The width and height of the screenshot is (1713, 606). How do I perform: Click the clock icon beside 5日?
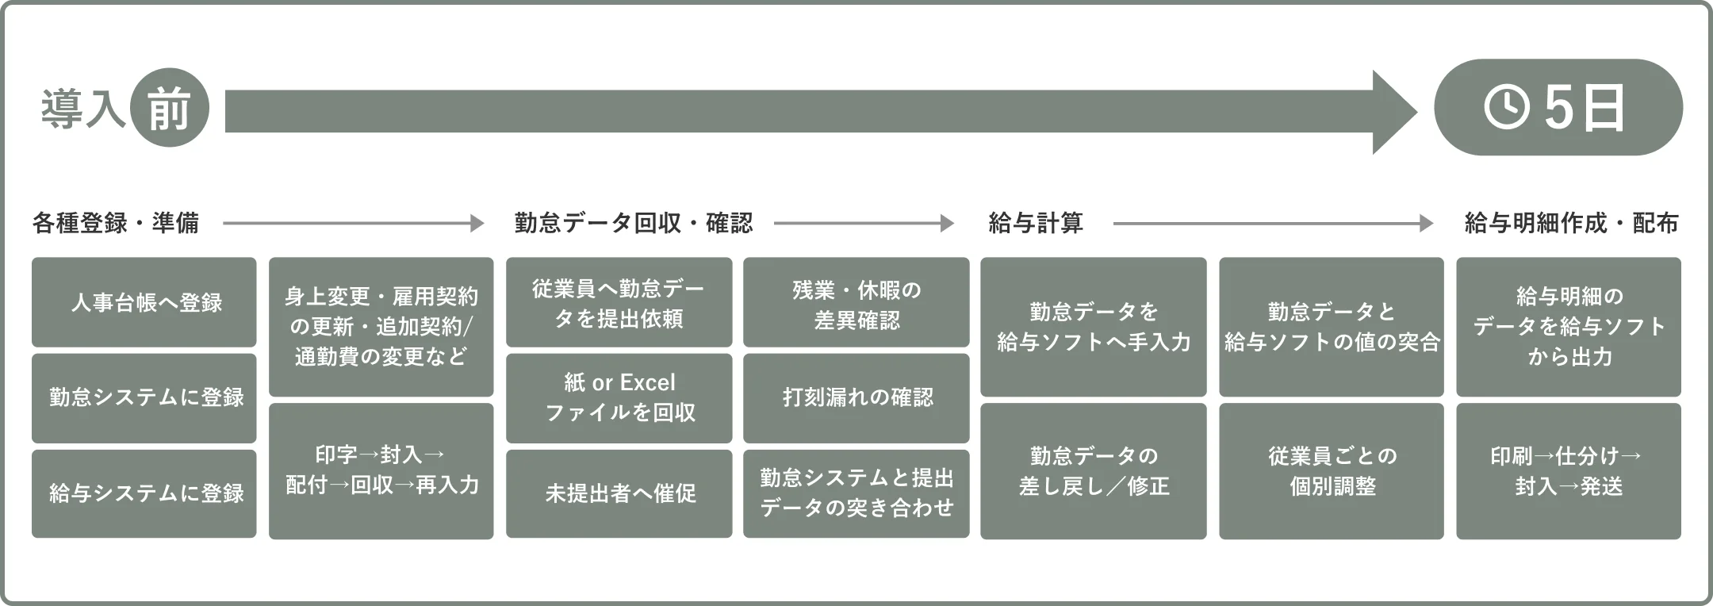pos(1506,107)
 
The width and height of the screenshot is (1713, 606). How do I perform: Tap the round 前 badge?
pos(168,107)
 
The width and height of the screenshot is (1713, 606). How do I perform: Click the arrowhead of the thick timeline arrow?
pos(1394,111)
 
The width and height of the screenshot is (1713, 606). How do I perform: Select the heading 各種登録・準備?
pos(116,224)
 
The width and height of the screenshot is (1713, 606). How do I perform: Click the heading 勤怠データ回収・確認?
pos(634,224)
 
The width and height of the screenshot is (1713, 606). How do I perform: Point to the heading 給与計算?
pos(1036,224)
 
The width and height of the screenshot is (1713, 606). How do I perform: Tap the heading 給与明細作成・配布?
pos(1571,224)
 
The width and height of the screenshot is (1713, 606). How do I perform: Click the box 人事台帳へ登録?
pos(144,302)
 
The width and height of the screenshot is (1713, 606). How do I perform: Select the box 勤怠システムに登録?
pos(144,397)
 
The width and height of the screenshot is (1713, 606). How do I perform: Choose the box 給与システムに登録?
pos(144,493)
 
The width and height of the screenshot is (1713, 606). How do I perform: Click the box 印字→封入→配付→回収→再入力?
pos(381,470)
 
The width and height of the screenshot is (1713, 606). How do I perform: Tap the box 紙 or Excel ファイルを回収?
pos(619,397)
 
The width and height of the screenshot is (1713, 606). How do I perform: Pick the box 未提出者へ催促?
pos(619,493)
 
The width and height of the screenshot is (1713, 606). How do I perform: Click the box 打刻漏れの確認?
pos(856,397)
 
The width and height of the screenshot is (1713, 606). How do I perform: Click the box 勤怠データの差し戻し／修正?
pos(1094,470)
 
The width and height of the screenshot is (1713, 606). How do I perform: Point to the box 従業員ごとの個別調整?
pos(1332,470)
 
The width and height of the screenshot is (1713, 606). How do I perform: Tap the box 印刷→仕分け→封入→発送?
pos(1569,470)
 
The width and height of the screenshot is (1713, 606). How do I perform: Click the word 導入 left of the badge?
pos(82,109)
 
